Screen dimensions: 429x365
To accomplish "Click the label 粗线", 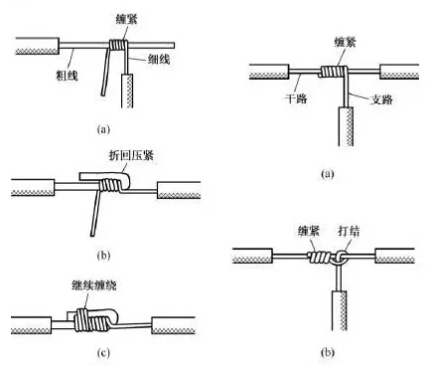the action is point(67,76).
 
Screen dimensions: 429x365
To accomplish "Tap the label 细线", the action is point(159,59).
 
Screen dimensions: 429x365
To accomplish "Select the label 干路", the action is point(296,98).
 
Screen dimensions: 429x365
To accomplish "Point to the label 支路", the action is point(381,99).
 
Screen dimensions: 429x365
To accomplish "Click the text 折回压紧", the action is point(132,155).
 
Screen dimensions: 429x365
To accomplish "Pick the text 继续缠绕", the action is point(94,285).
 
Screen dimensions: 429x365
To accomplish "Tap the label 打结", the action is point(349,231).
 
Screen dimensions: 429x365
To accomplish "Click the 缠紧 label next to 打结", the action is point(309,231).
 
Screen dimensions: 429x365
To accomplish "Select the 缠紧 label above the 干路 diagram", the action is point(345,42).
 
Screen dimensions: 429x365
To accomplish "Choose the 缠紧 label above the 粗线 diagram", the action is point(126,19).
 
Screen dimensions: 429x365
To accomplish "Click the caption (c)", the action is point(103,353).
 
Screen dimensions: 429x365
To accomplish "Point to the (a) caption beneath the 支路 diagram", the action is point(328,174).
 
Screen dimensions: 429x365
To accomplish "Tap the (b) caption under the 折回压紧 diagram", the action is point(103,256).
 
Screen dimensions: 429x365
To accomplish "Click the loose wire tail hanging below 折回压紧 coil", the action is point(96,213).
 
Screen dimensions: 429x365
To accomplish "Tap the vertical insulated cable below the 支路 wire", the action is point(346,126).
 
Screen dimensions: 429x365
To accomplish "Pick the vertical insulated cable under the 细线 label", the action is point(127,91).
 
